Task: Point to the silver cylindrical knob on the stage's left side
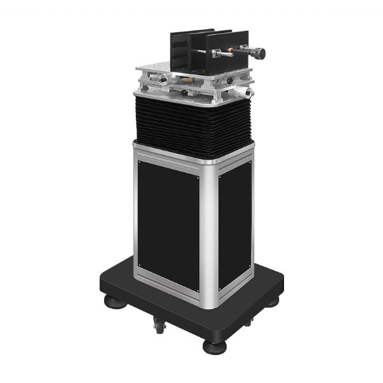tap(165, 79)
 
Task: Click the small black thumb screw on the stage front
tap(184, 92)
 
